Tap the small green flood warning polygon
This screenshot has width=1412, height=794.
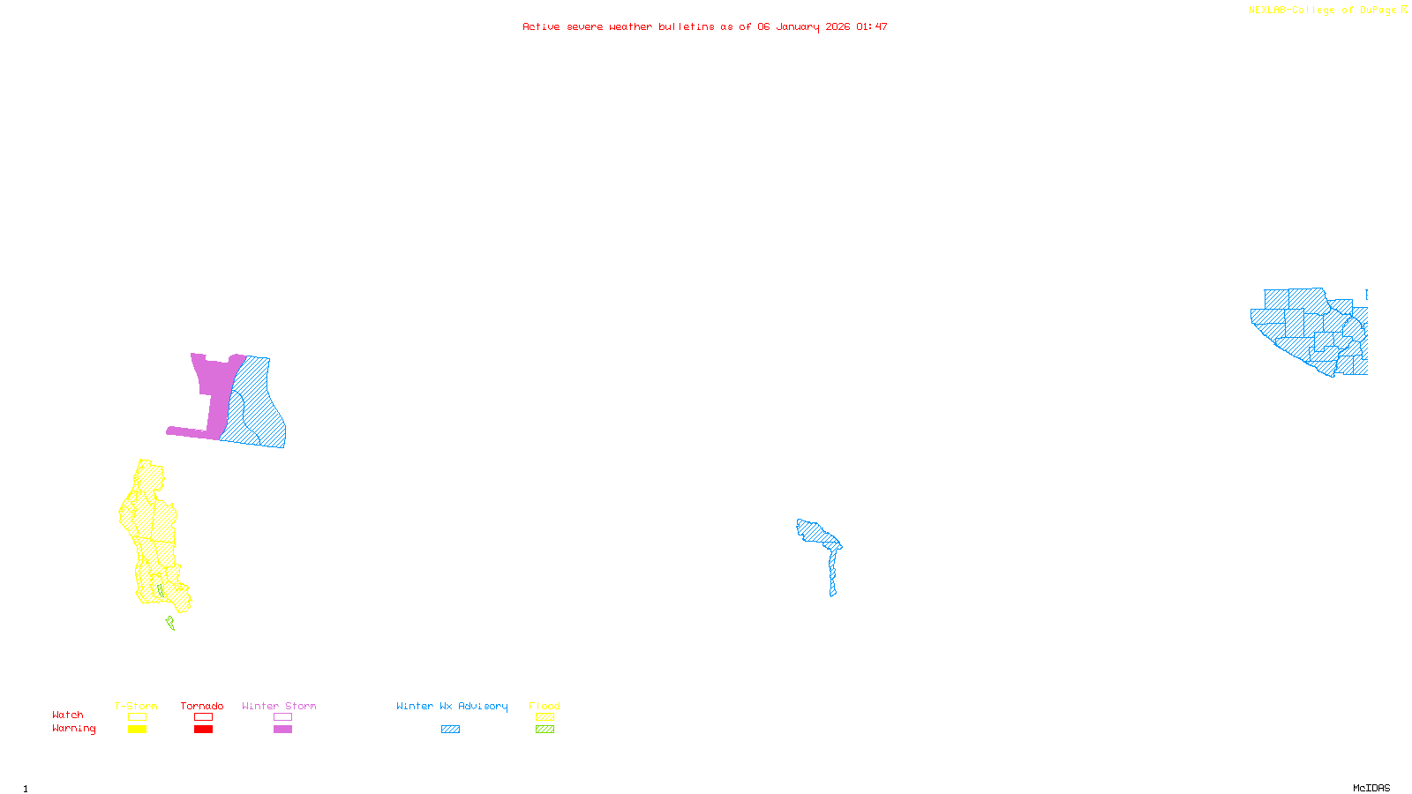tap(170, 623)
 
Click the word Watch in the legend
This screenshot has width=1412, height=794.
tap(68, 715)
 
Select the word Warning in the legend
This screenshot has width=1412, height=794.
tap(74, 729)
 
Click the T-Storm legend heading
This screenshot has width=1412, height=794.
tap(136, 706)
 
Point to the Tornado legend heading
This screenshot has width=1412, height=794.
tap(202, 706)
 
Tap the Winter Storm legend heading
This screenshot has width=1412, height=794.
tap(279, 706)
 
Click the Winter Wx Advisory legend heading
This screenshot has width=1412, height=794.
tap(452, 706)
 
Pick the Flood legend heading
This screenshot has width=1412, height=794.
tap(545, 706)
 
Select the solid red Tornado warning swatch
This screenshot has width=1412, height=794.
tap(203, 730)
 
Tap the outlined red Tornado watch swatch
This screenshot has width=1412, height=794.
tap(203, 717)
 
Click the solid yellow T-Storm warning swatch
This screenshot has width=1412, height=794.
tap(137, 730)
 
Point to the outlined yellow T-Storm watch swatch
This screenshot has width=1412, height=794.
tap(137, 717)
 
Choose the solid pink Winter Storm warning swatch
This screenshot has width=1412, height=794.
tap(282, 730)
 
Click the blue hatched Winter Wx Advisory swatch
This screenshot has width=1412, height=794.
tap(450, 730)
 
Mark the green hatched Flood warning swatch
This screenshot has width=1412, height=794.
tap(545, 730)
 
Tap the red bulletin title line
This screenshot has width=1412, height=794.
tap(704, 26)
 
